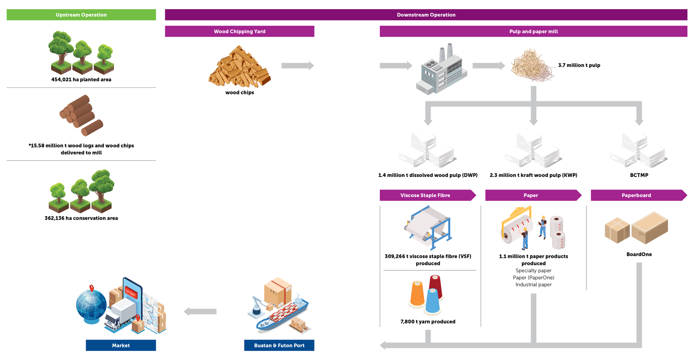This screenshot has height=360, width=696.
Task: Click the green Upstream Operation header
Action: tap(81, 15)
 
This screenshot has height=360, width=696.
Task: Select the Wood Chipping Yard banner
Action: tap(239, 31)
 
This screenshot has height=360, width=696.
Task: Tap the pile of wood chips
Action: tap(239, 67)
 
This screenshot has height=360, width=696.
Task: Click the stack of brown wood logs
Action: tap(81, 115)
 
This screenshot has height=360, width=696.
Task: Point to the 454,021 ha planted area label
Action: tap(81, 80)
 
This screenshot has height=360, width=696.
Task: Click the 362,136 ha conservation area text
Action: tap(81, 218)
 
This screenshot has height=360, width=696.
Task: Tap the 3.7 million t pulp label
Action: tap(579, 65)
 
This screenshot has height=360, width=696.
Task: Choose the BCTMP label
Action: tap(639, 175)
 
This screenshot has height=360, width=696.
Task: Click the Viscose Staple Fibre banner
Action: tap(425, 195)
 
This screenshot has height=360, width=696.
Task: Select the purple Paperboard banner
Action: tap(636, 195)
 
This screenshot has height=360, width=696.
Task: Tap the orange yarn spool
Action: tap(417, 294)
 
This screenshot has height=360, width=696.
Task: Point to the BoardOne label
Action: tap(639, 254)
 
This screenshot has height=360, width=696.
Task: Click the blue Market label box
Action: tap(121, 345)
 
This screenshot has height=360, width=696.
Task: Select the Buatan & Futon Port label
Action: tap(279, 345)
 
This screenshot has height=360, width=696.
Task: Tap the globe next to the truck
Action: tap(91, 305)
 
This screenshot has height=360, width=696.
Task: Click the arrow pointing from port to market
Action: tap(200, 311)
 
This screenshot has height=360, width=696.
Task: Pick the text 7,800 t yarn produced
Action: tap(428, 322)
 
